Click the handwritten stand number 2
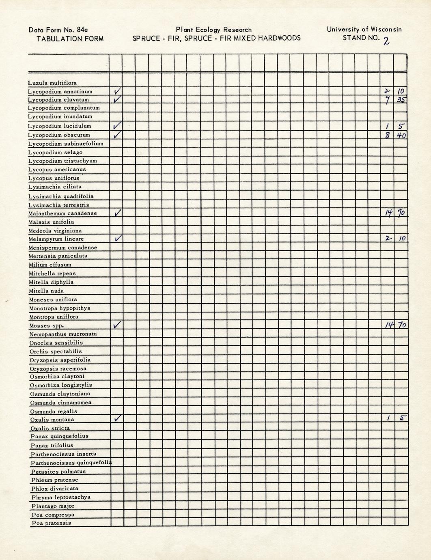pos(386,41)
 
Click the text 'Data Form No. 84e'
pos(58,30)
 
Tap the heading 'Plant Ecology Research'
pos(214,30)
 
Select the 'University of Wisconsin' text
pos(364,29)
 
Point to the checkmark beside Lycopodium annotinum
pos(117,91)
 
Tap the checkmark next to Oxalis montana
pos(117,418)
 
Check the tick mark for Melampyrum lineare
pos(117,239)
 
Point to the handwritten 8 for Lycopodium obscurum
pos(388,135)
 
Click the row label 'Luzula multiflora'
pos(52,83)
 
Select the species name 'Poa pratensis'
pos(51,523)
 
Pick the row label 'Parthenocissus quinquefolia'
pos(71,463)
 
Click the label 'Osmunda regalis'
pos(54,411)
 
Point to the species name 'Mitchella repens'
pos(52,273)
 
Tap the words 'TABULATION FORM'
pos(70,39)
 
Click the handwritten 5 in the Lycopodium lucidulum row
pos(401,126)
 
